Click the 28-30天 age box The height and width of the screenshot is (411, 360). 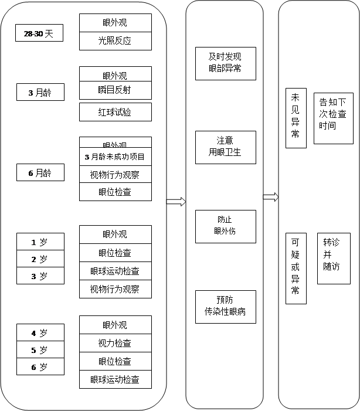[x=39, y=34]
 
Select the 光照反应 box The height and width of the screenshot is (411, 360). [x=115, y=41]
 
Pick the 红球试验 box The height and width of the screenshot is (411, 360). [x=115, y=112]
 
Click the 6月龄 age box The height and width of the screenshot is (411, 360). [x=40, y=173]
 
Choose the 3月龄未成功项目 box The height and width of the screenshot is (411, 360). [x=115, y=157]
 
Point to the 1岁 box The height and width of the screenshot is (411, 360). [x=40, y=242]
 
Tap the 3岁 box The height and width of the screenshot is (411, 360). [x=40, y=276]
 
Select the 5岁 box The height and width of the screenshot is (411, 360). [x=40, y=350]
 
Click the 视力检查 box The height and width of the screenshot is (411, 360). [x=115, y=343]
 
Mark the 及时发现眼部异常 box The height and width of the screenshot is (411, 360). [x=225, y=63]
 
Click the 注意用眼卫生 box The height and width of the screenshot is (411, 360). [x=225, y=147]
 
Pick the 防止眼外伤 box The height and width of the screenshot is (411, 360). [x=225, y=226]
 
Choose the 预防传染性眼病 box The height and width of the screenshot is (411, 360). [x=225, y=307]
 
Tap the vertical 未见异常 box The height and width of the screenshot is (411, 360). [x=296, y=118]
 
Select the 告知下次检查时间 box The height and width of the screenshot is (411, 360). [x=333, y=118]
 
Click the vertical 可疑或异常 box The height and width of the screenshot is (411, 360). [x=296, y=268]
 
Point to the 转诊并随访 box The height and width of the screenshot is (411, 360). [x=333, y=259]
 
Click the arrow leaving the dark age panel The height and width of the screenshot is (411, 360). [x=176, y=202]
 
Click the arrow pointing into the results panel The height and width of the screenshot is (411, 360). [x=270, y=196]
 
